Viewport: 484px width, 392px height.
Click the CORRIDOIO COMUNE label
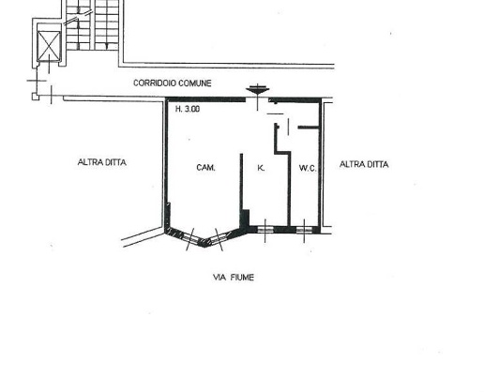(173, 83)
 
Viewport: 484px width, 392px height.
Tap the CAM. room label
(205, 168)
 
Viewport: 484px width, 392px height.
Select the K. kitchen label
(261, 168)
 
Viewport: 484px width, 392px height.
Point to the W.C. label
(308, 168)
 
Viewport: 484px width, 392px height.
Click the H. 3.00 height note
(188, 109)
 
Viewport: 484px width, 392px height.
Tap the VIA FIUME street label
(234, 278)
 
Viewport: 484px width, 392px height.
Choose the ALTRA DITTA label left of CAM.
(102, 162)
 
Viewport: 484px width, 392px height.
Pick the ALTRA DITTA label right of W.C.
(364, 164)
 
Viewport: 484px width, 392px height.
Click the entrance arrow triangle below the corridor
(257, 91)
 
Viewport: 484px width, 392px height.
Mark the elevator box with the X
(49, 46)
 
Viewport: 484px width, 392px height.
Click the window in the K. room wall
(265, 230)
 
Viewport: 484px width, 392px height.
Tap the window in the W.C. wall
(304, 231)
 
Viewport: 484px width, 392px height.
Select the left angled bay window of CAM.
(190, 237)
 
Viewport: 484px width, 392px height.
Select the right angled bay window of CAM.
(219, 238)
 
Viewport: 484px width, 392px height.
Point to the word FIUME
(243, 278)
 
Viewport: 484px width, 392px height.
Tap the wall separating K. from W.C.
(289, 188)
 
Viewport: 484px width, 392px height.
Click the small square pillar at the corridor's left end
(36, 97)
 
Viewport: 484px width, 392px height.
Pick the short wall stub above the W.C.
(309, 128)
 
